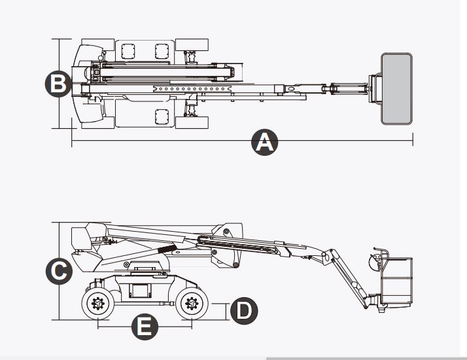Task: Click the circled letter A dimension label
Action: (264, 142)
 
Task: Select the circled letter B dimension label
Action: (58, 84)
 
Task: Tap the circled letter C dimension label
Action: (59, 271)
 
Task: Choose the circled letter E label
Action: (145, 326)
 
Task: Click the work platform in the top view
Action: (397, 89)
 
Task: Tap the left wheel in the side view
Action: (98, 304)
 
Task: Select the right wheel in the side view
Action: (191, 304)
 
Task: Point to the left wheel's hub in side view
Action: (98, 304)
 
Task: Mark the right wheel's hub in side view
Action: (191, 304)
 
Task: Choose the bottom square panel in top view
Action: (162, 117)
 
